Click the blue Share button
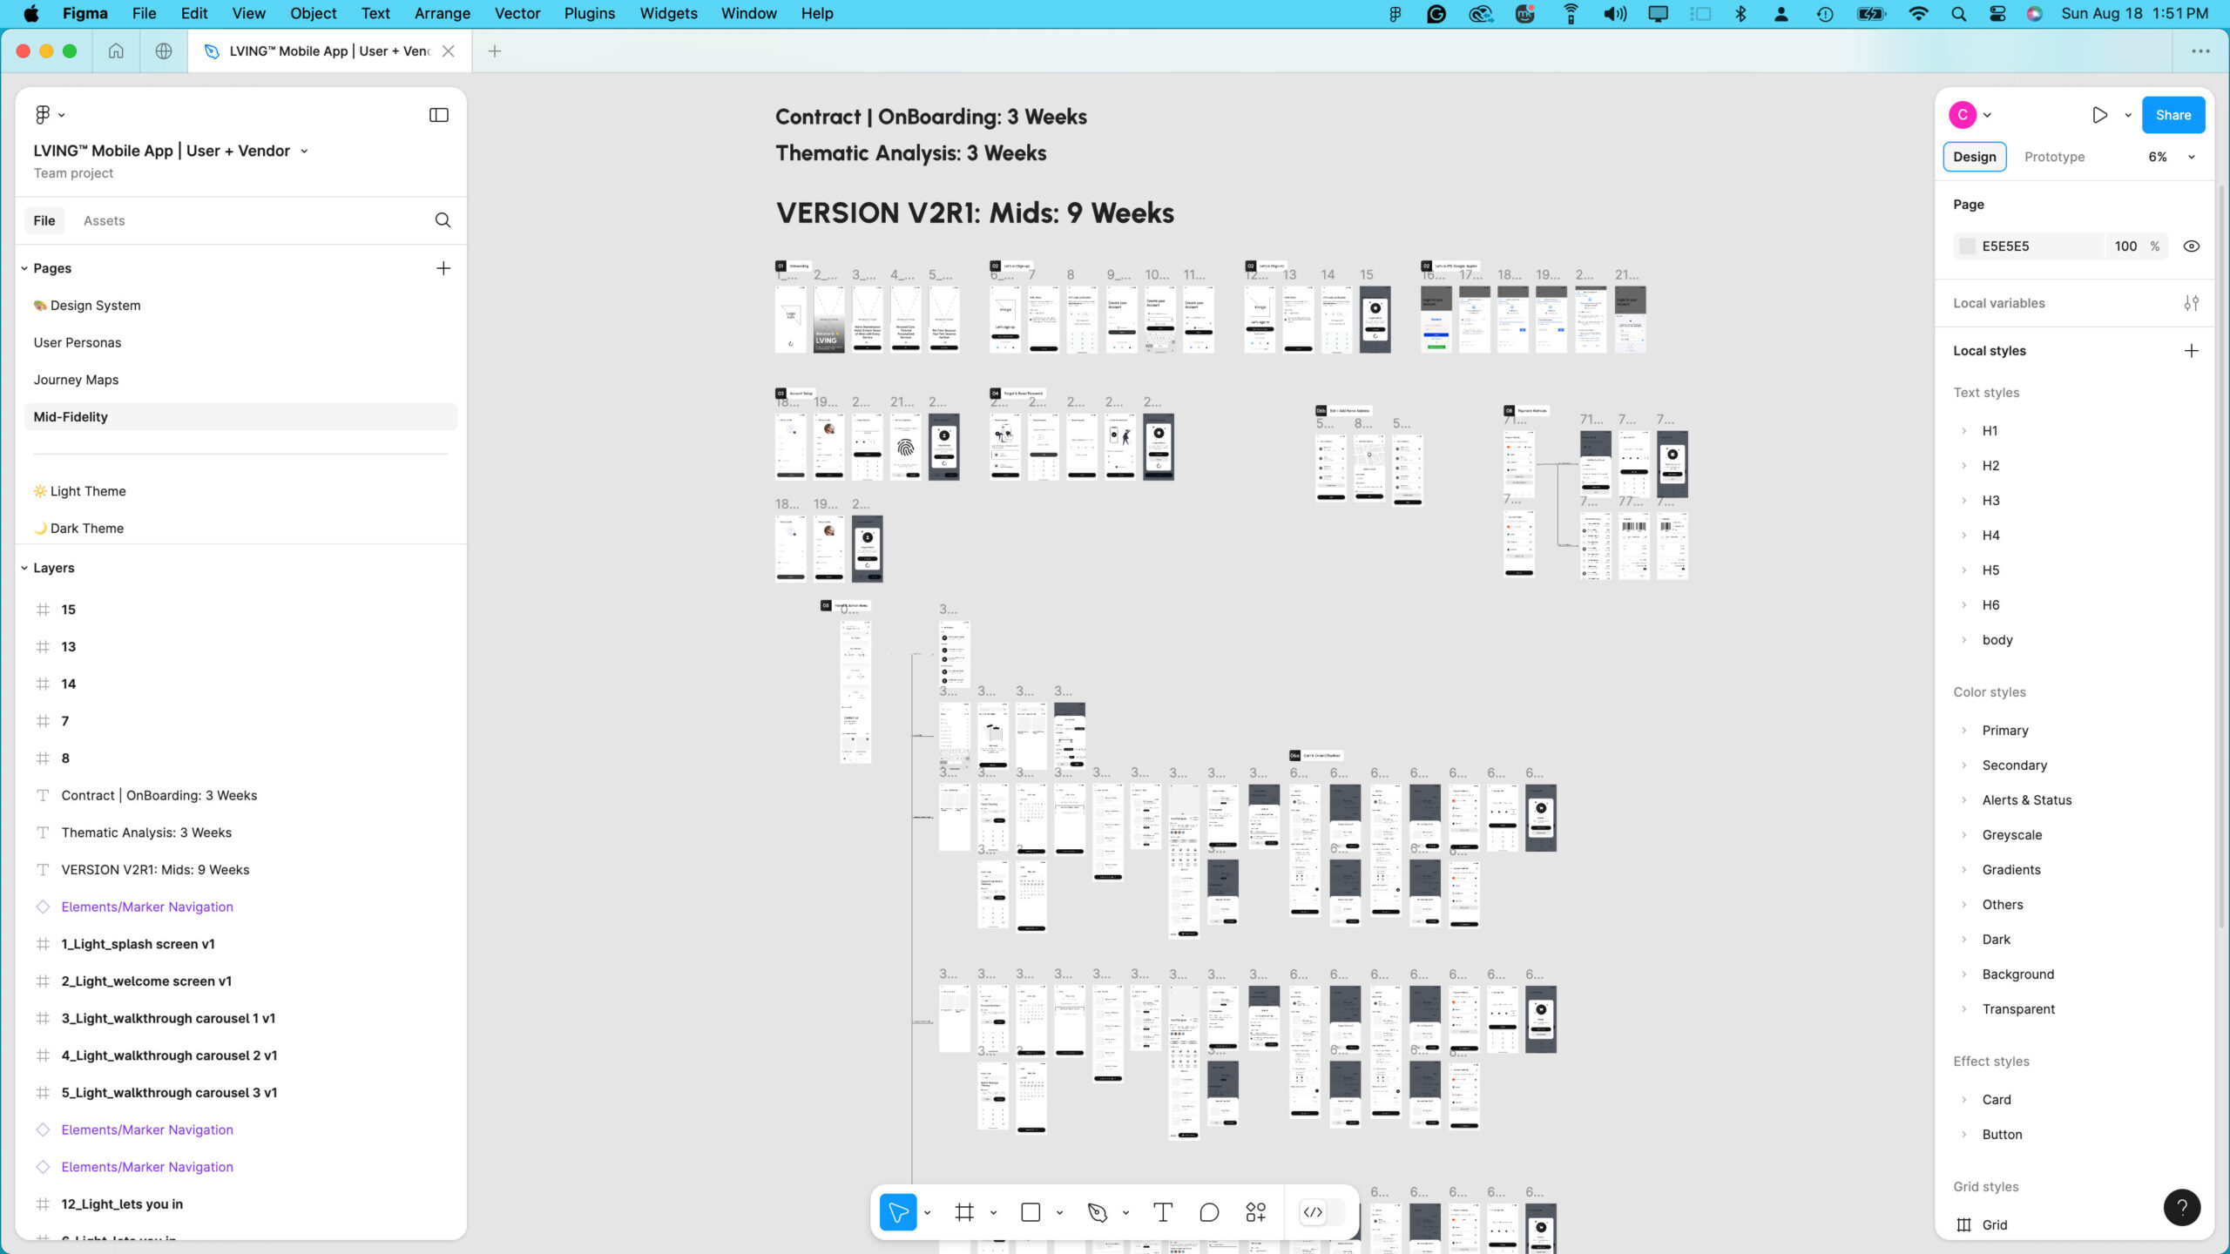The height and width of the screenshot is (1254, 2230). (x=2173, y=115)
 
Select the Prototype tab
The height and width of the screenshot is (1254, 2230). (x=2054, y=157)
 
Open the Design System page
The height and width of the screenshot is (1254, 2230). (x=95, y=306)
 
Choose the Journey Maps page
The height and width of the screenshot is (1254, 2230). (x=76, y=380)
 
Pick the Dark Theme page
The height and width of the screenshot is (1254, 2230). (x=86, y=529)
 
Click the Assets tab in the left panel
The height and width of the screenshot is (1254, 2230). (x=104, y=221)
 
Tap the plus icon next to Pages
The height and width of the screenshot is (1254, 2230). (x=443, y=268)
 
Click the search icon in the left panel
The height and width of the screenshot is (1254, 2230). (x=443, y=220)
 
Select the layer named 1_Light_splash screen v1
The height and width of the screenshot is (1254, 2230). (x=138, y=944)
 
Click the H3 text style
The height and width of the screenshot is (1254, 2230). (x=1990, y=501)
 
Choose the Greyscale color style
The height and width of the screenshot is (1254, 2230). (x=2011, y=835)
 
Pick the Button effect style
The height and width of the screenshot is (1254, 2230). (x=2002, y=1135)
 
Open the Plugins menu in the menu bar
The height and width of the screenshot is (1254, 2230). (x=589, y=13)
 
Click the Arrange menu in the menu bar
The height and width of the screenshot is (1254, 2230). (x=442, y=13)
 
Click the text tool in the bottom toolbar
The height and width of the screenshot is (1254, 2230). (x=1162, y=1212)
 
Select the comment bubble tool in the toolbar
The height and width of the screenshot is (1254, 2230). (x=1209, y=1212)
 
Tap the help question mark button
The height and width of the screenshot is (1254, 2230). (x=2181, y=1207)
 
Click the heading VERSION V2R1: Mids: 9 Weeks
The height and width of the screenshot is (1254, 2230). (x=975, y=213)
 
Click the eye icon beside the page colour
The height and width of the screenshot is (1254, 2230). (x=2192, y=246)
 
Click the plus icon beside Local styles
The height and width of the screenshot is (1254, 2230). (x=2192, y=351)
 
